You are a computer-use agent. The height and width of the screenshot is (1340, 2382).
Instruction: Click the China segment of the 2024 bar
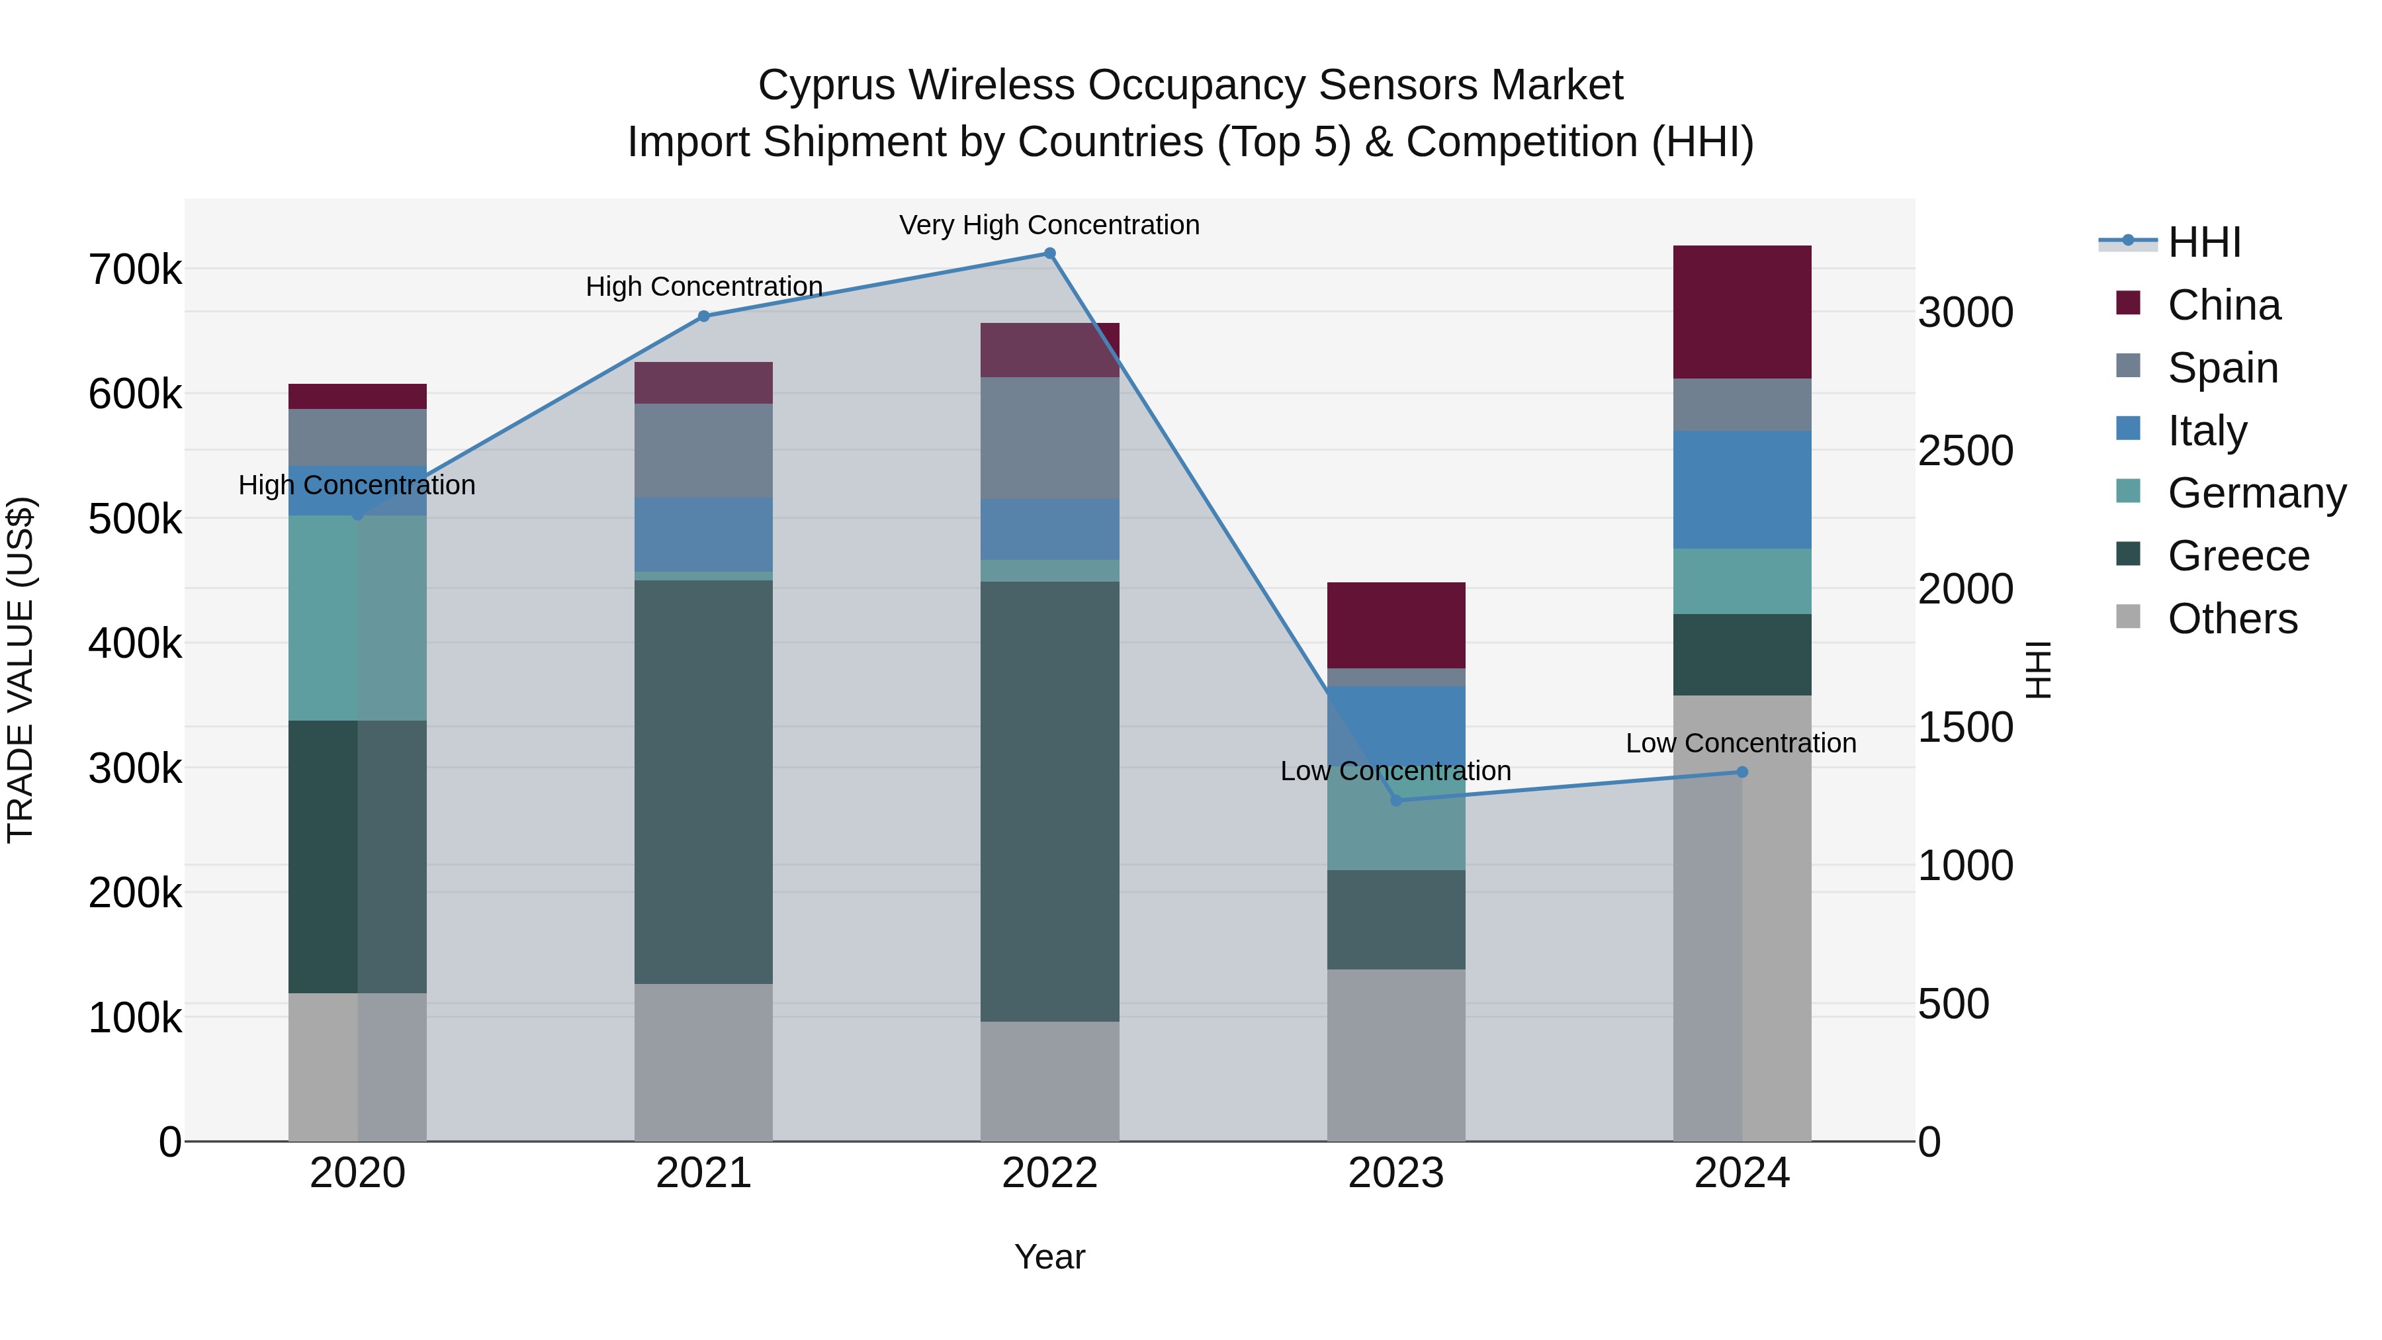(1742, 312)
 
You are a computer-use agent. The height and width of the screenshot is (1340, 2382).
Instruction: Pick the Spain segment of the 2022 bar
(1049, 437)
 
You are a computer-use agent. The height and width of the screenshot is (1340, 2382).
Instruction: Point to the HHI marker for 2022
(1049, 253)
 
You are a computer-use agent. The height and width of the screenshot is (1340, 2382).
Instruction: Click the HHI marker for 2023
(1396, 800)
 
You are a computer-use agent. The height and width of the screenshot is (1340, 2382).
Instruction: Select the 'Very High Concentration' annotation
(1049, 225)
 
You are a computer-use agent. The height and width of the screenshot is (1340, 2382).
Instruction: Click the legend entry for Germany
(2256, 493)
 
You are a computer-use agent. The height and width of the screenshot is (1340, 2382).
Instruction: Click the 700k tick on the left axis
(135, 270)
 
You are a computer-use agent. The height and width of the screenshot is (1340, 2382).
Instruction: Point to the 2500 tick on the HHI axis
(1965, 451)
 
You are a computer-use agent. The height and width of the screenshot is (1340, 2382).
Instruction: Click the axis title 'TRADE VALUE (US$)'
(21, 670)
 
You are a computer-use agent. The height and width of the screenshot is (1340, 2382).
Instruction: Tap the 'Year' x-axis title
(1049, 1257)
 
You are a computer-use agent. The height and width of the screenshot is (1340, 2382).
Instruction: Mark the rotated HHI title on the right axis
(2037, 670)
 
